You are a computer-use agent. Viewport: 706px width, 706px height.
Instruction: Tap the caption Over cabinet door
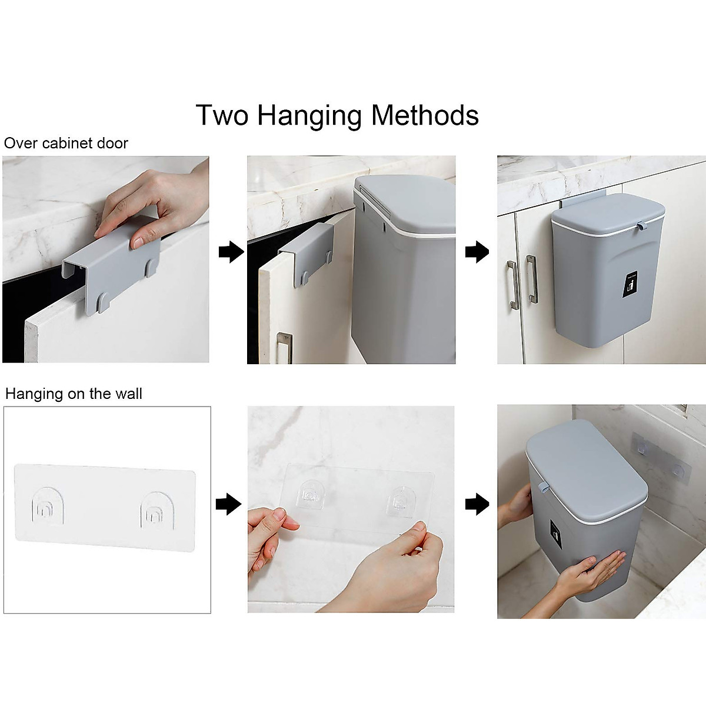[x=66, y=144]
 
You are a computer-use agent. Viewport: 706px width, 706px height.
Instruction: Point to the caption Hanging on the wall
[x=74, y=394]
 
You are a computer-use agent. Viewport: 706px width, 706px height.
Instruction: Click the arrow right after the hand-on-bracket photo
[x=231, y=253]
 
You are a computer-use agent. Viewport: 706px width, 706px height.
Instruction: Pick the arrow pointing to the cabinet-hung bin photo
[x=477, y=253]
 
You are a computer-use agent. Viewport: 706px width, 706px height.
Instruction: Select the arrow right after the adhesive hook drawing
[x=229, y=504]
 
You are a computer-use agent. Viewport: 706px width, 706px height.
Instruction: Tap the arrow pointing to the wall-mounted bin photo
[x=477, y=504]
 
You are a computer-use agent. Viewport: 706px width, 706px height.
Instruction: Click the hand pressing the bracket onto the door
[x=153, y=203]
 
